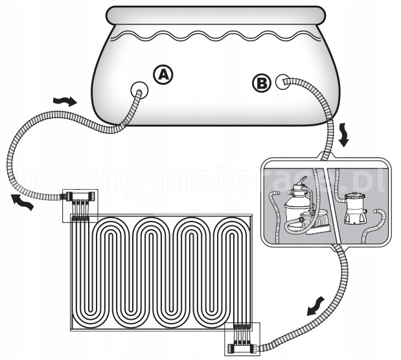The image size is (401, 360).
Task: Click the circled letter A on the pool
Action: [163, 76]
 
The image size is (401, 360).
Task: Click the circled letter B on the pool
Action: [260, 82]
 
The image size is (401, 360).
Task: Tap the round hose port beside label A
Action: [138, 88]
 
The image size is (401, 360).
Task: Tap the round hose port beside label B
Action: [282, 82]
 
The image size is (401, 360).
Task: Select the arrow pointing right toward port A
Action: [64, 101]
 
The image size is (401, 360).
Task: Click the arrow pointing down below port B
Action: [344, 137]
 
